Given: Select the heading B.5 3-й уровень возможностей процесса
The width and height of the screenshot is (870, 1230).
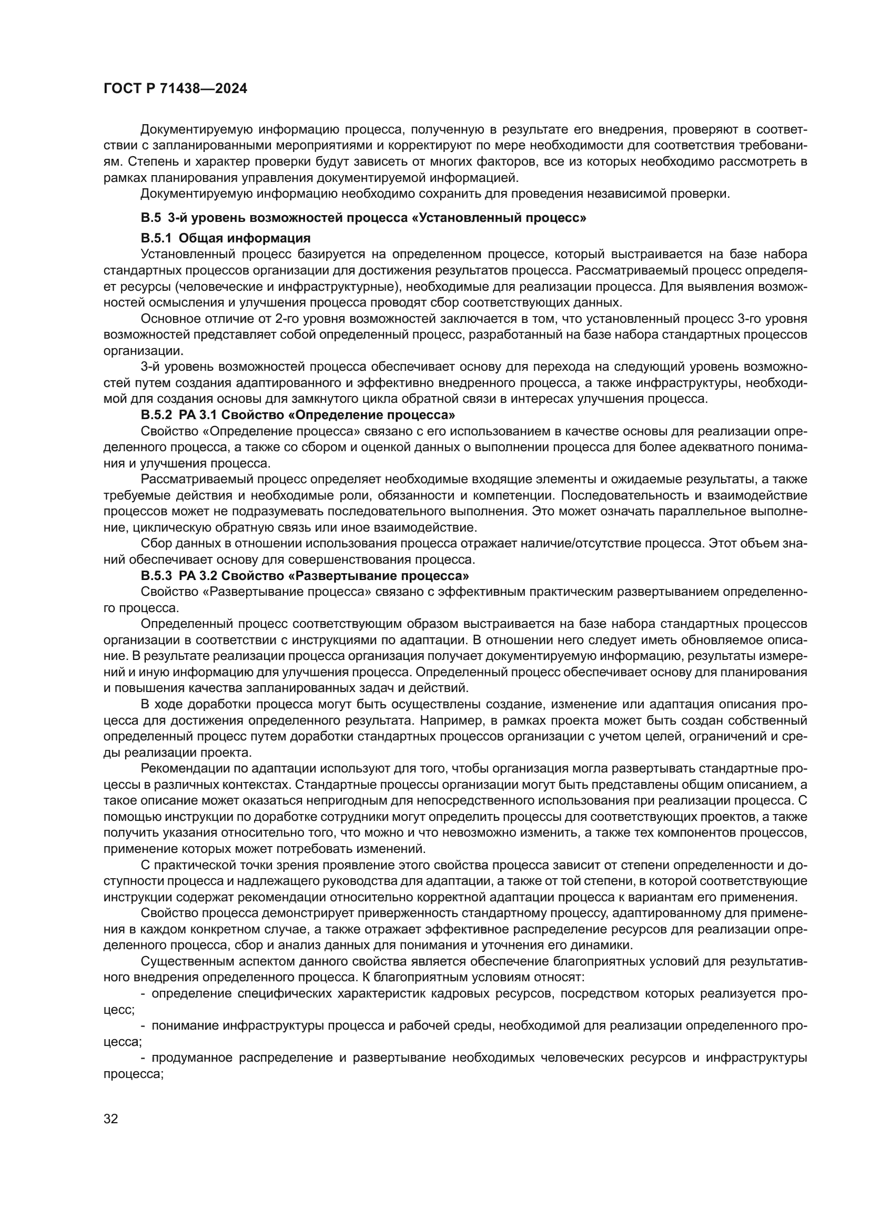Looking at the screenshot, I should [x=363, y=218].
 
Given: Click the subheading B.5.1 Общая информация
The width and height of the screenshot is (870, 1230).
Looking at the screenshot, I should [x=226, y=238].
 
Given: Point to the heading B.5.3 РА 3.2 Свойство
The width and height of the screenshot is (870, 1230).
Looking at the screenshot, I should [x=305, y=576].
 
